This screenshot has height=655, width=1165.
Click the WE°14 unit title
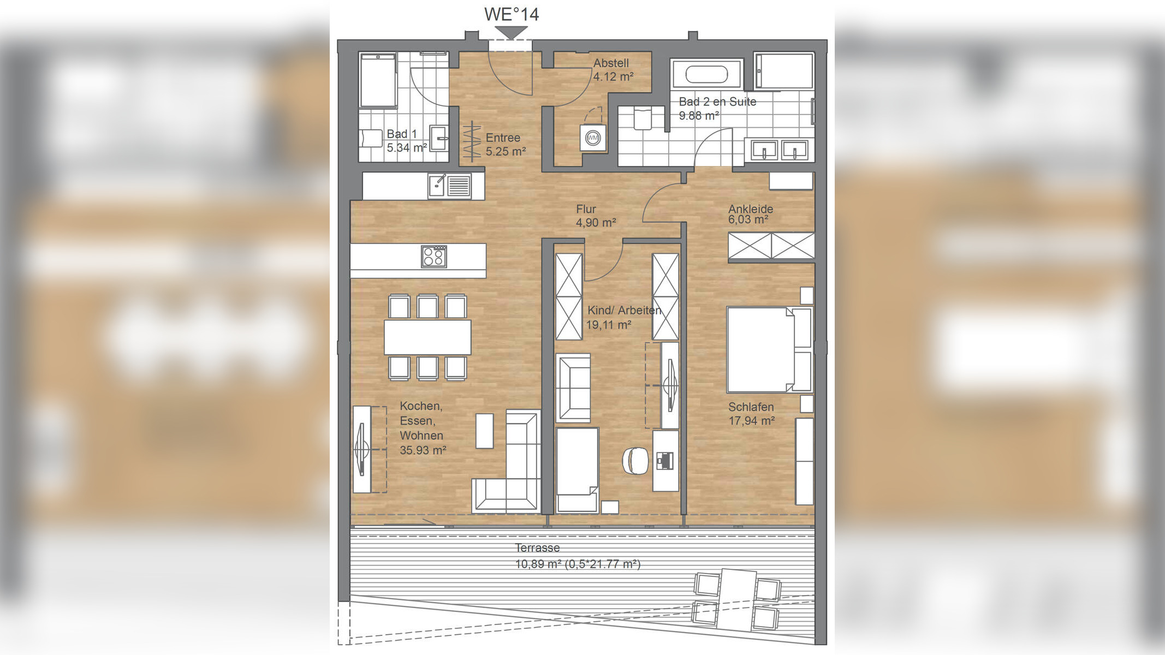click(x=512, y=14)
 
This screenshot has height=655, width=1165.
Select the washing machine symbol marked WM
click(x=593, y=138)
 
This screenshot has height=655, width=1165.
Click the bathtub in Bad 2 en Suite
click(x=707, y=74)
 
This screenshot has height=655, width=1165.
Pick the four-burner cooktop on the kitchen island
click(x=434, y=257)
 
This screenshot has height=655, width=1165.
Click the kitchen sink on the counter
click(x=450, y=186)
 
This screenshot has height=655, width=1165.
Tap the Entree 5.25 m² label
click(x=506, y=145)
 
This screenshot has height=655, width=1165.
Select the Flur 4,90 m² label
click(x=596, y=216)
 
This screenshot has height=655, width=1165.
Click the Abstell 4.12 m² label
click(x=613, y=70)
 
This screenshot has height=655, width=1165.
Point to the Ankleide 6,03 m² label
click(x=750, y=214)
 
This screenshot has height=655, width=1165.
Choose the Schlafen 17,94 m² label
click(x=751, y=414)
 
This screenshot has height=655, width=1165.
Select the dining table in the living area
click(x=427, y=337)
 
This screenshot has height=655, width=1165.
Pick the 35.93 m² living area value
click(x=423, y=450)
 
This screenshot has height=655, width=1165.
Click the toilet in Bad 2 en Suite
click(x=643, y=118)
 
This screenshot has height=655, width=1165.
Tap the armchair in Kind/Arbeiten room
click(x=573, y=388)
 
